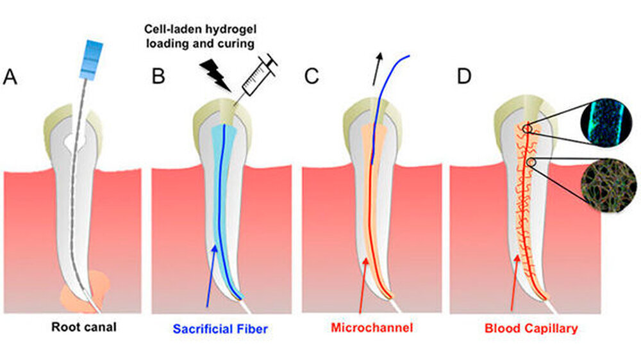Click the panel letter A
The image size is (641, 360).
[x=10, y=76]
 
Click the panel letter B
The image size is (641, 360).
[x=158, y=76]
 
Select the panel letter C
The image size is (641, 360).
[x=311, y=76]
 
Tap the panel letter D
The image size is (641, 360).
[x=463, y=76]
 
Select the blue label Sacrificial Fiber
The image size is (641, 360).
[x=220, y=329]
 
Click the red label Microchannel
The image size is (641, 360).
[x=372, y=328]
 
